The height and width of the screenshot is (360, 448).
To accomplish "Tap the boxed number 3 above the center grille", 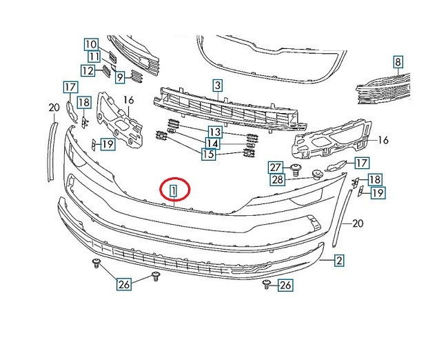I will [217, 86].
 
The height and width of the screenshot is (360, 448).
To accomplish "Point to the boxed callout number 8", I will [398, 62].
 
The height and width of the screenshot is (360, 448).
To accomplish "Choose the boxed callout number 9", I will [119, 77].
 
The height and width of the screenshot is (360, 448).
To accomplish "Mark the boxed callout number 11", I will [94, 57].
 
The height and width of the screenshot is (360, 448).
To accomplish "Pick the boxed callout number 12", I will [88, 70].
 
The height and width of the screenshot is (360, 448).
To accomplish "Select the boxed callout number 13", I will [215, 131].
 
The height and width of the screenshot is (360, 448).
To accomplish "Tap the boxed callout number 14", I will [212, 143].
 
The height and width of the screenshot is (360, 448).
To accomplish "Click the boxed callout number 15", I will [207, 154].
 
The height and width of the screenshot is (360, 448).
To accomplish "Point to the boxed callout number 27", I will [276, 167].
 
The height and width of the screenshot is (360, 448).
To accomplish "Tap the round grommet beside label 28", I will [318, 174].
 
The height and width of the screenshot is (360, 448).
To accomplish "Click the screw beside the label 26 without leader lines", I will [267, 285].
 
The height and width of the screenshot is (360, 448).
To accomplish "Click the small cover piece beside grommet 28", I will [336, 166].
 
